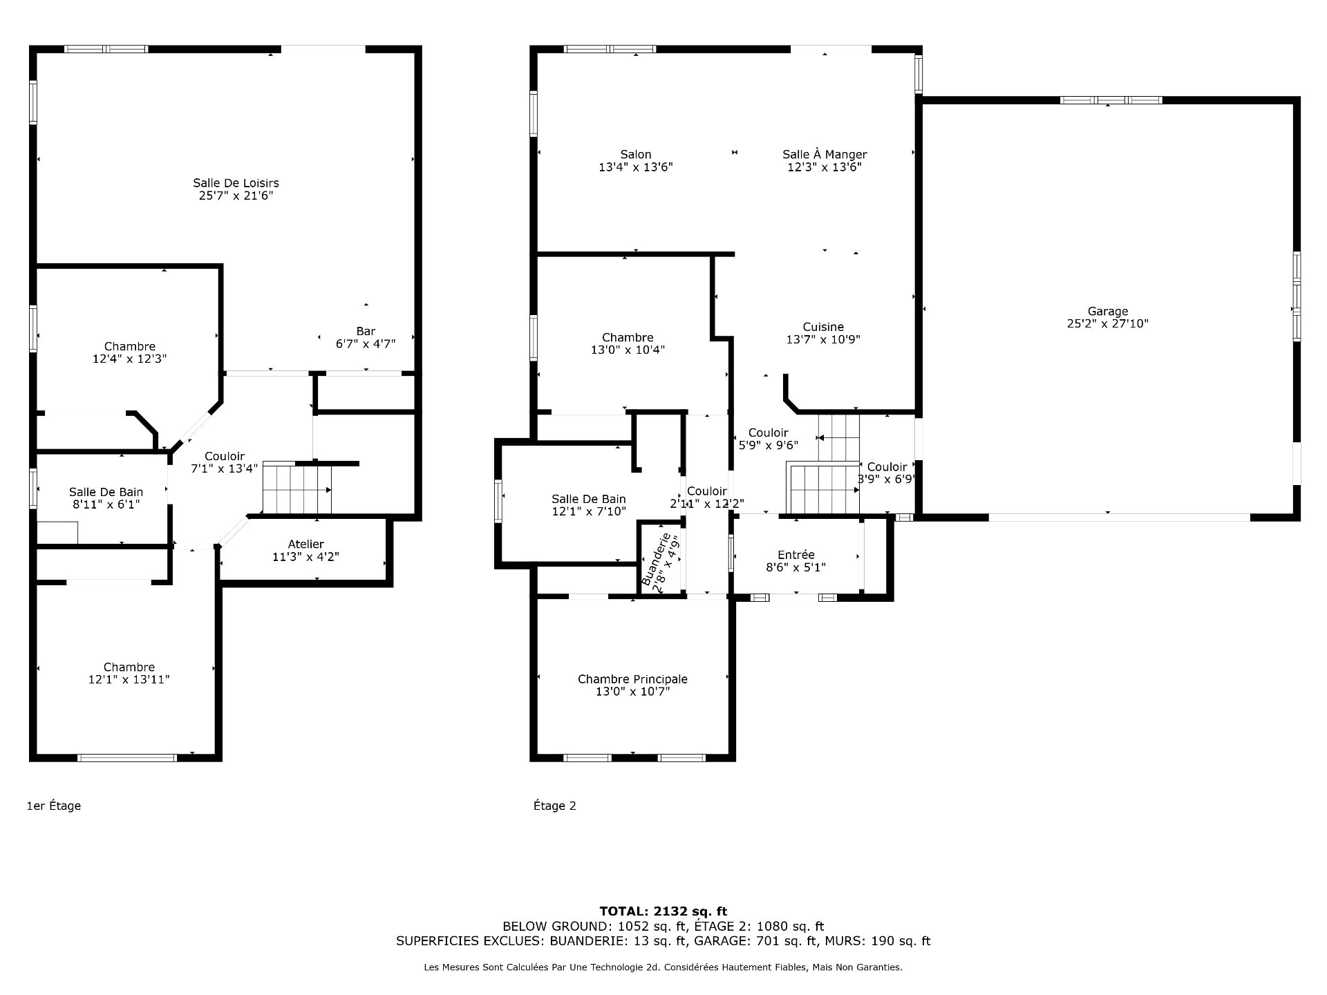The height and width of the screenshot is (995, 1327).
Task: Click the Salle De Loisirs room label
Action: (x=236, y=183)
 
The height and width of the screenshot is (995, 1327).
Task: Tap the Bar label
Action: (x=366, y=331)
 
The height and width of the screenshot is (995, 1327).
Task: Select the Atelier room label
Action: (x=305, y=544)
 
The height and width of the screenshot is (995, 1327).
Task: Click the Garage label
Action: (x=1107, y=312)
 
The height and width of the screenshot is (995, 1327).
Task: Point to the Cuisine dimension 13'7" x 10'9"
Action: (x=822, y=339)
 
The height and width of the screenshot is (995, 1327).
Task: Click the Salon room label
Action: (x=635, y=155)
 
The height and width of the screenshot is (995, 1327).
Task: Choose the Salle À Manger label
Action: (x=825, y=155)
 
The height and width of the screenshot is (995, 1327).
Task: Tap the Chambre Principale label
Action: (x=632, y=679)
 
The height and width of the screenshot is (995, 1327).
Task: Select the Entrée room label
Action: (x=796, y=555)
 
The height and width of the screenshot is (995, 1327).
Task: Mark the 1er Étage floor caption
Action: (x=54, y=806)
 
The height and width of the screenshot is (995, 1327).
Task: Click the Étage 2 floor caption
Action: (x=554, y=806)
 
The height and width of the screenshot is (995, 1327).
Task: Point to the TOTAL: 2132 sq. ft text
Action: (x=663, y=911)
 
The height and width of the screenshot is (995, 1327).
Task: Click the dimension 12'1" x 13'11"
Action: (x=129, y=680)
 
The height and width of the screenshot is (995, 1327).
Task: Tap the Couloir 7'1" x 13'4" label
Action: (x=225, y=462)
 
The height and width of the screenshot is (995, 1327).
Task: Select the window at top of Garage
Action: (x=1111, y=100)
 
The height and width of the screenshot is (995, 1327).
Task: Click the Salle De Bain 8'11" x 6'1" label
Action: (x=106, y=498)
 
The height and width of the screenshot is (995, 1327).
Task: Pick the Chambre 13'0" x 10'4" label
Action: (x=628, y=344)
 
